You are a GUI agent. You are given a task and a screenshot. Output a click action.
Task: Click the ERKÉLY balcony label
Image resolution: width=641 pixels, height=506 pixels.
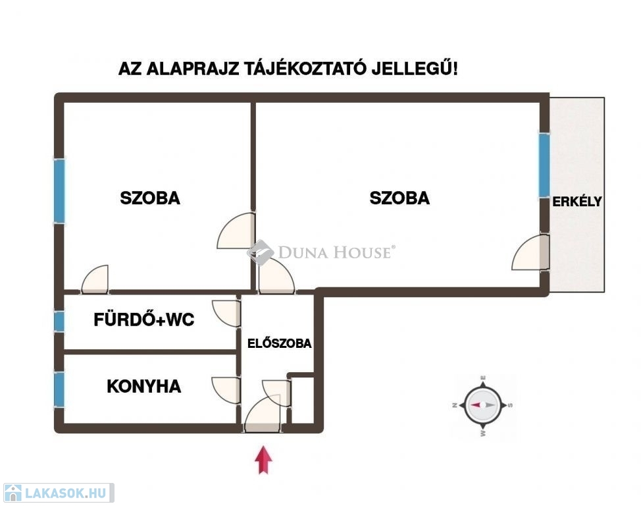(577, 202)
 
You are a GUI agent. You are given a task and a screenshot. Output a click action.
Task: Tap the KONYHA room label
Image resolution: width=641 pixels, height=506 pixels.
(143, 387)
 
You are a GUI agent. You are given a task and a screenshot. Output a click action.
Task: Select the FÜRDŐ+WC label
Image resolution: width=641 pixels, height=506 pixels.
(143, 321)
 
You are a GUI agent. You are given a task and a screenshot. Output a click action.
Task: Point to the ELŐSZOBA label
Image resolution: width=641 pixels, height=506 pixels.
(279, 343)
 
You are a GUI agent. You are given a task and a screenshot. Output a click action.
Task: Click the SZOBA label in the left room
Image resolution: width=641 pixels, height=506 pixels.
(149, 198)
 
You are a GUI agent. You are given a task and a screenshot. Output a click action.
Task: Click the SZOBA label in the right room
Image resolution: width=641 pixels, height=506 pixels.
(399, 198)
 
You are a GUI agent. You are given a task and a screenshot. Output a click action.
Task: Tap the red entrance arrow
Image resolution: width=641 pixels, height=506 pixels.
(263, 460)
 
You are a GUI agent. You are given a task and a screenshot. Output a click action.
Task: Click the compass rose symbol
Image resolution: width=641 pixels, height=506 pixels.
(483, 405)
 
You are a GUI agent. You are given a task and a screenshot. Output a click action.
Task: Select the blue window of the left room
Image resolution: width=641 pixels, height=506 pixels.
(59, 190)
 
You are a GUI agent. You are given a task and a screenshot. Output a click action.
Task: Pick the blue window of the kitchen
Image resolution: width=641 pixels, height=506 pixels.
(59, 389)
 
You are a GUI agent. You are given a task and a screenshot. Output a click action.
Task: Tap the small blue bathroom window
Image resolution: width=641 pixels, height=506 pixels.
(59, 322)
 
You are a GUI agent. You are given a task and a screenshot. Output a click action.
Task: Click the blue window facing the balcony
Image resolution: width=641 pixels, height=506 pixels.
(544, 165)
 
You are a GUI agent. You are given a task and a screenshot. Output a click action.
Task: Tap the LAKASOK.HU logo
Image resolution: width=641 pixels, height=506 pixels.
(57, 493)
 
